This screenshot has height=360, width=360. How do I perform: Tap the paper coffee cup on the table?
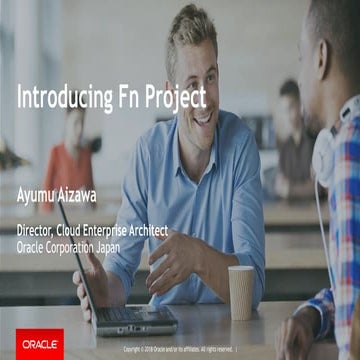pyautogui.click(x=241, y=292)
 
